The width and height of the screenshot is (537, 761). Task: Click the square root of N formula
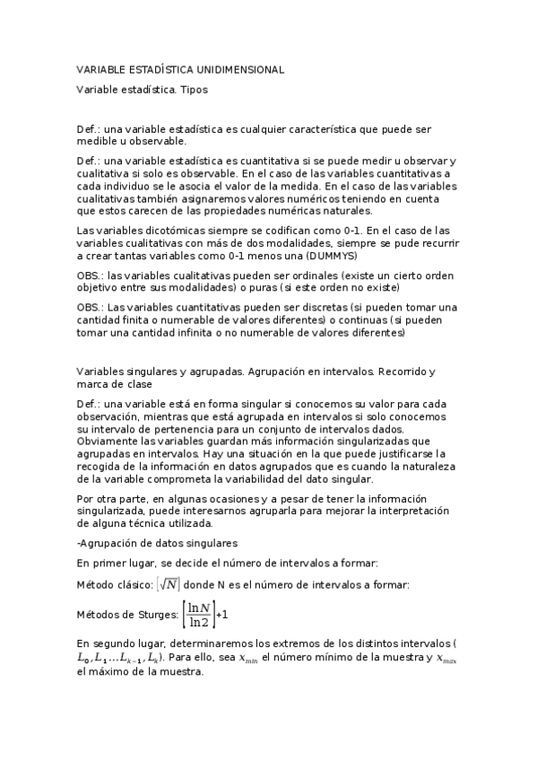point(167,586)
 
